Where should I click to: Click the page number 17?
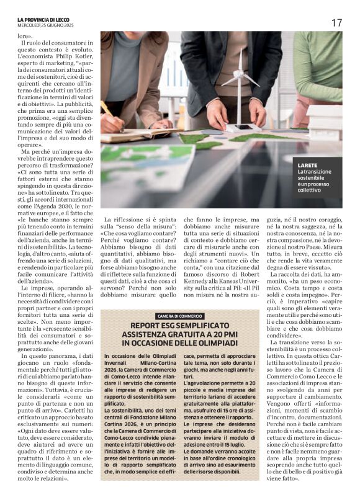(x=336, y=22)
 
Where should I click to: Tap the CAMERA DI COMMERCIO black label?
(x=179, y=316)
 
